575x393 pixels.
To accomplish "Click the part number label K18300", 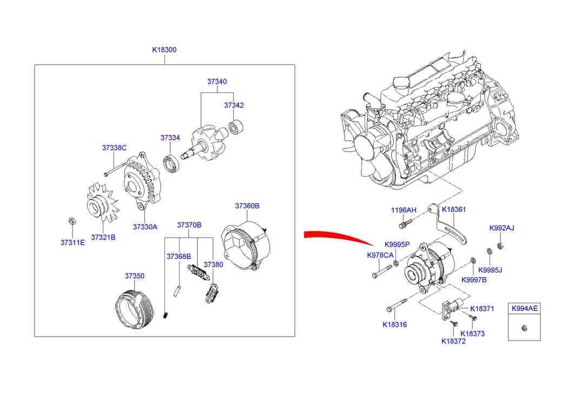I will [164, 50].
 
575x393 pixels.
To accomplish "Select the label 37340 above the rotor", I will [217, 82].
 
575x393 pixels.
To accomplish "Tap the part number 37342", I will [234, 105].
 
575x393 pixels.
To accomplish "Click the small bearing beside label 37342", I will [236, 129].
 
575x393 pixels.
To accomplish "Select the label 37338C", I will [114, 148].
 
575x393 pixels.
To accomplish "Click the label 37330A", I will [145, 227].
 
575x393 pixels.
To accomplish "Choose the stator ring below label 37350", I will [133, 309].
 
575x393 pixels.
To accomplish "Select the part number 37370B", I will [189, 225].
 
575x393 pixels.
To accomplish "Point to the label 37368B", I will [179, 256].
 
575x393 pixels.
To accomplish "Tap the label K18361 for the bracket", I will [454, 209].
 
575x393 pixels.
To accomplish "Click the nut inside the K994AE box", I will [523, 327].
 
